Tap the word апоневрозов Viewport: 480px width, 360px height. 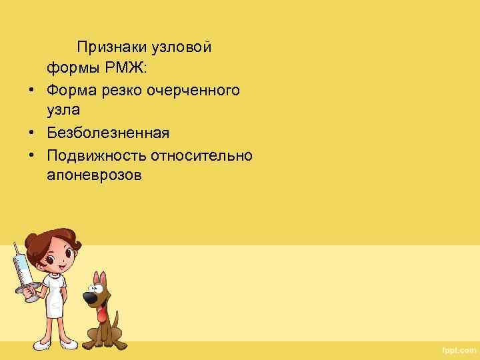click(95, 175)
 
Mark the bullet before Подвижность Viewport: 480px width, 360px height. click(31, 155)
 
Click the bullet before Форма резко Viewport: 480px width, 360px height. click(31, 89)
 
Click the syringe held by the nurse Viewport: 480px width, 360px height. click(22, 270)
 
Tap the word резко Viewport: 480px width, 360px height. click(131, 89)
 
